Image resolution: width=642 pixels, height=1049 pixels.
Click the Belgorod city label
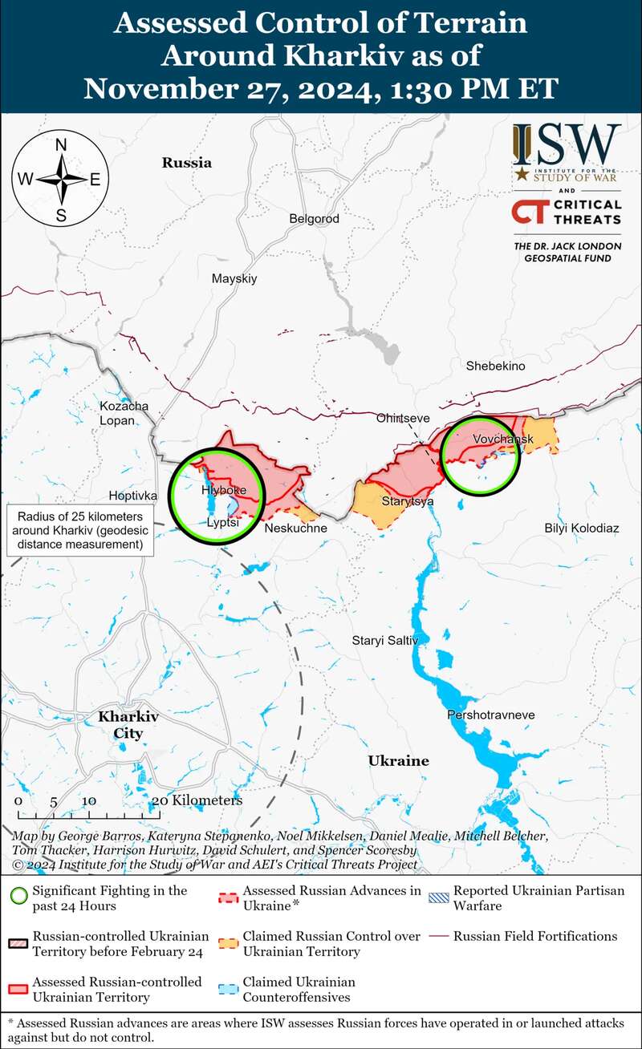314,219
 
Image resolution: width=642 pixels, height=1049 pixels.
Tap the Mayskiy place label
234,279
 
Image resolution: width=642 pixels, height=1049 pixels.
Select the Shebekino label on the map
495,366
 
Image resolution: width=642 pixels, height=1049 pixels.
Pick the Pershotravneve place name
490,715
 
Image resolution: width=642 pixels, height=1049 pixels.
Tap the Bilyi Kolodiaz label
582,529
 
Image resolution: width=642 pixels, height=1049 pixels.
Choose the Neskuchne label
295,529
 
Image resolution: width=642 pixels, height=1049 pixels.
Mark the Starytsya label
408,501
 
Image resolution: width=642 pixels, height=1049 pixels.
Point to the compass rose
61,179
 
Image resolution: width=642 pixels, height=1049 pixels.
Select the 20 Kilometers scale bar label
197,800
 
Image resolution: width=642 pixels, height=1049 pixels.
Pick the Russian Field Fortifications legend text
535,936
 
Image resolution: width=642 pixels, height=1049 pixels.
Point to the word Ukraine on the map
398,760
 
